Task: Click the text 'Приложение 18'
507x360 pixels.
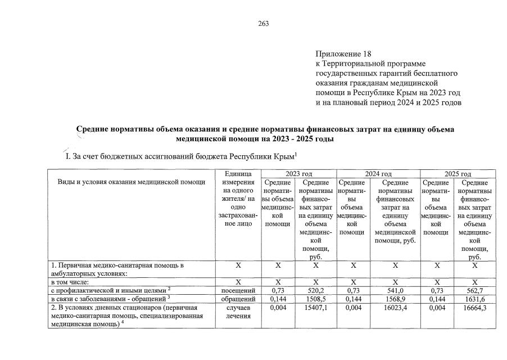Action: [x=344, y=54]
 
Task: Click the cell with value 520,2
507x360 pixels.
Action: [x=315, y=290]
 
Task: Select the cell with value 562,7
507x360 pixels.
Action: [x=475, y=290]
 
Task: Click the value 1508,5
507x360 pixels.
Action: [x=315, y=299]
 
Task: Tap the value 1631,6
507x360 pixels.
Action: [x=475, y=299]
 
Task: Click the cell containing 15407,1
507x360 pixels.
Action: [x=315, y=308]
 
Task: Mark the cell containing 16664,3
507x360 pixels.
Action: [x=475, y=308]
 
